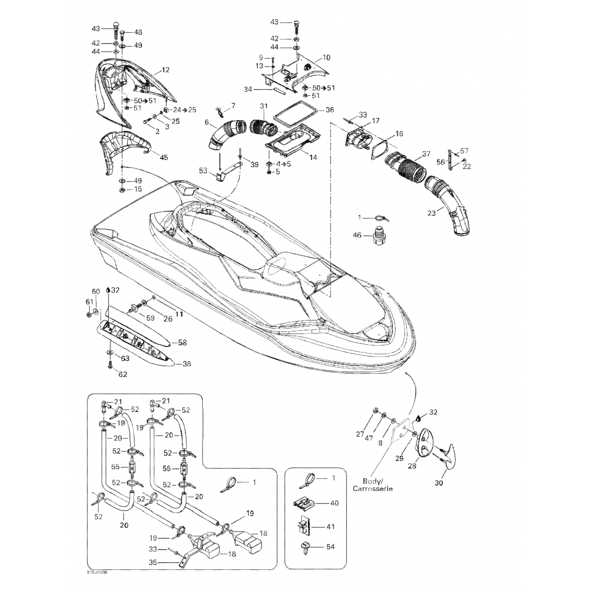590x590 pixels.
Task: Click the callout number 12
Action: (166, 70)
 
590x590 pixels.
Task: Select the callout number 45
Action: (164, 157)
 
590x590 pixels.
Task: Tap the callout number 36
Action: (330, 110)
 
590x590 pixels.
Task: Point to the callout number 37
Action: (426, 154)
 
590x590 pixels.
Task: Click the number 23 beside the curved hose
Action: (432, 213)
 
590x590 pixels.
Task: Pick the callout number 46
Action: (357, 236)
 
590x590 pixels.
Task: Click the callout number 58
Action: (182, 343)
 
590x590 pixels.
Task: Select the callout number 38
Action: (186, 364)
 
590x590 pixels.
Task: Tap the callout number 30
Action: (439, 483)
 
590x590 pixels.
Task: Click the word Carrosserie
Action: (372, 489)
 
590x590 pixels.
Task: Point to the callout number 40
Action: (334, 503)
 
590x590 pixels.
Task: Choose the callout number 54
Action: (330, 547)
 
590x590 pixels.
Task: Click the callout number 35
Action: (153, 562)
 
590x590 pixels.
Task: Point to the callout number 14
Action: (313, 157)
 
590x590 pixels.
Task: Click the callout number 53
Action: (203, 170)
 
